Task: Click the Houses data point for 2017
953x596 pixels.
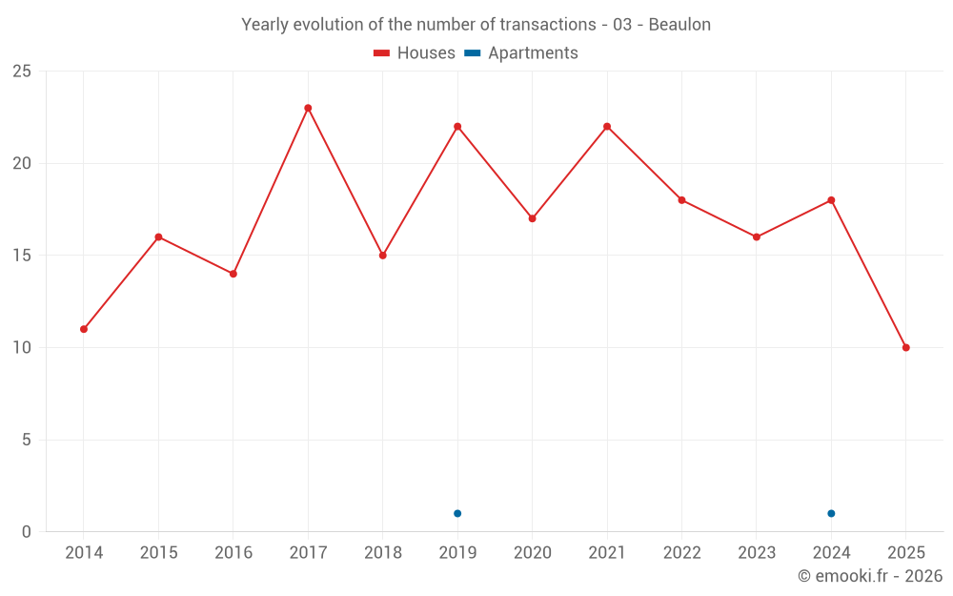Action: [x=308, y=108]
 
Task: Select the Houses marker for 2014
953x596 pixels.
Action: [x=84, y=329]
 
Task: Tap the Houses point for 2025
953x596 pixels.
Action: [x=906, y=347]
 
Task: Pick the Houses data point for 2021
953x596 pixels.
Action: [x=607, y=126]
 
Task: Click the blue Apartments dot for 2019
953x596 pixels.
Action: [x=457, y=513]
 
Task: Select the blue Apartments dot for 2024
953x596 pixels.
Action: [x=831, y=513]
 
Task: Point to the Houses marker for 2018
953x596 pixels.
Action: [x=382, y=256]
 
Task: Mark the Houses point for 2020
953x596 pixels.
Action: [x=532, y=218]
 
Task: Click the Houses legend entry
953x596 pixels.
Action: [x=415, y=53]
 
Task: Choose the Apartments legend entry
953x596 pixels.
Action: [x=521, y=53]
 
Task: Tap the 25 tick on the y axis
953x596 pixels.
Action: [x=22, y=72]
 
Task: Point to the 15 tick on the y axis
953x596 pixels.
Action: [x=22, y=256]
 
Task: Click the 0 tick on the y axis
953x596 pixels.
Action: [x=27, y=532]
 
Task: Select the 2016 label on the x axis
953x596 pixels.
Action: [x=233, y=553]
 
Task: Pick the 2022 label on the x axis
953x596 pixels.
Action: [x=681, y=553]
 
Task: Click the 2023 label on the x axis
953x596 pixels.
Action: [x=757, y=553]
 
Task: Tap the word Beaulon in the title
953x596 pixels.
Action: [x=679, y=25]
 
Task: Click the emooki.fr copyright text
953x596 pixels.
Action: [x=870, y=576]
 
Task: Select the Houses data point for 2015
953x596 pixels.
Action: [x=158, y=236]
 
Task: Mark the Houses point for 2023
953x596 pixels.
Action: [x=757, y=236]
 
